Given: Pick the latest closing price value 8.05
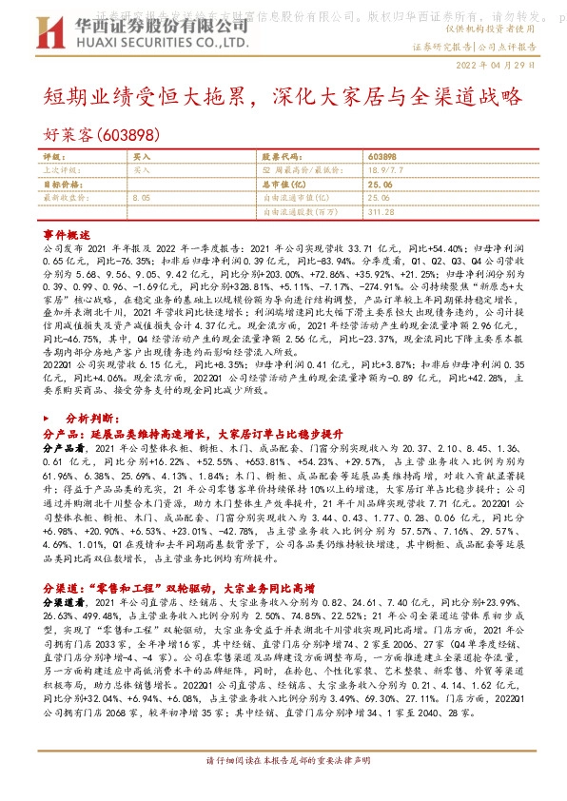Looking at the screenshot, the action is coord(143,197).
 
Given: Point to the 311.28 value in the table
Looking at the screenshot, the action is coord(381,211).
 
